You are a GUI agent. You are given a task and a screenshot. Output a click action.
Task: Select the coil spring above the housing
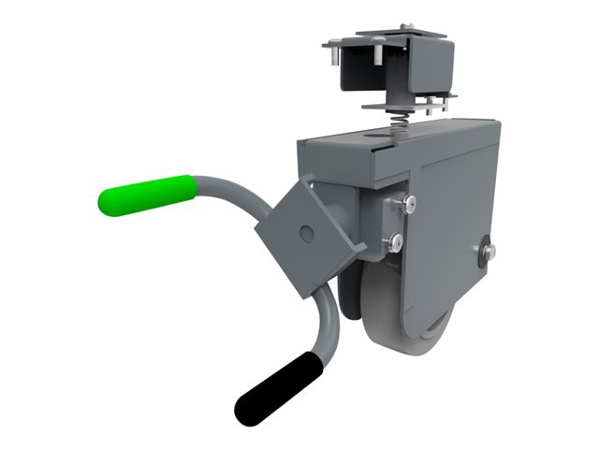click(397, 121)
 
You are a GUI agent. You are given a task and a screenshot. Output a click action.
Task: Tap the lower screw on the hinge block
click(397, 240)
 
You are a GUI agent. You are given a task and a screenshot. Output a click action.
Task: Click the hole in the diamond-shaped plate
click(305, 230)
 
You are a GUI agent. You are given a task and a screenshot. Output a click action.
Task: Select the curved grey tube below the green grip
click(230, 187)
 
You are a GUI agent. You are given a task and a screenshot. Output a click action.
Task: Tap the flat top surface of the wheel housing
click(412, 136)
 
